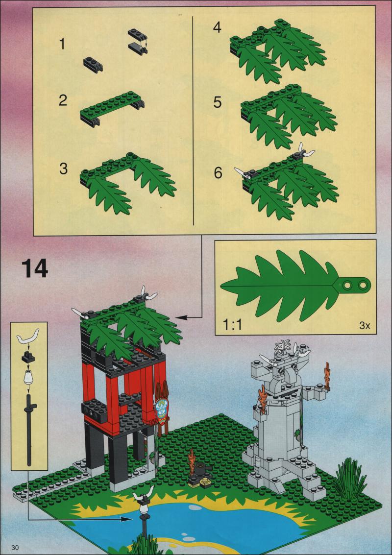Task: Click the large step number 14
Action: click(x=35, y=268)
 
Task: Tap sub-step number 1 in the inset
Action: click(x=63, y=45)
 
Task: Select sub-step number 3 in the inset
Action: click(x=63, y=169)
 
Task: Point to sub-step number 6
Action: click(x=218, y=173)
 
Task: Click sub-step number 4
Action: click(x=218, y=27)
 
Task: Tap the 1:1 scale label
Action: click(x=232, y=325)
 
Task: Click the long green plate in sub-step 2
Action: click(x=112, y=105)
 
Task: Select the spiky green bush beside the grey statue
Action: click(x=349, y=479)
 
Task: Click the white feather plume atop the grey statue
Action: click(x=284, y=345)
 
